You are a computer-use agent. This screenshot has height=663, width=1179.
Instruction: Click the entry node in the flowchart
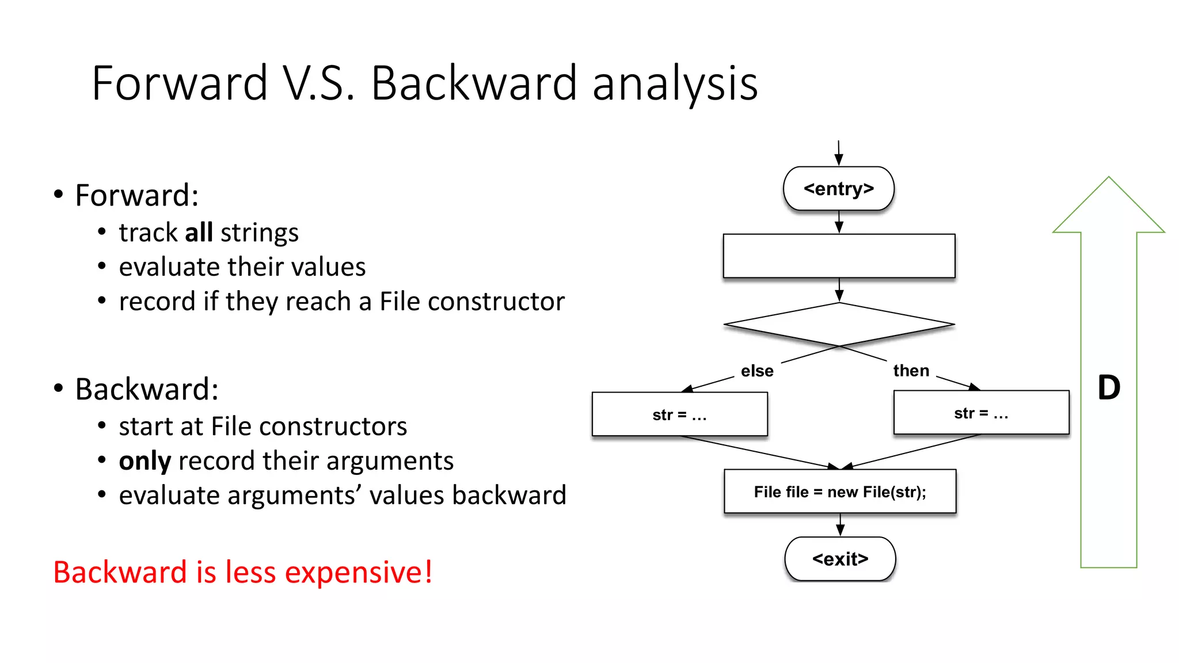838,189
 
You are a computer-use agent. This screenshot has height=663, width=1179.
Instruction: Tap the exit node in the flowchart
840,559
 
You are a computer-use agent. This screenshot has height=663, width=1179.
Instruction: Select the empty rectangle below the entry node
839,256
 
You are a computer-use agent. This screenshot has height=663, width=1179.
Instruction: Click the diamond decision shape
839,325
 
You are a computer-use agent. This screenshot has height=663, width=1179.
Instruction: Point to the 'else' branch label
756,371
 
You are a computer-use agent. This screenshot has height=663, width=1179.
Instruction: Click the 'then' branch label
911,371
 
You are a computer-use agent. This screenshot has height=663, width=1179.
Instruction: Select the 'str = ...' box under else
679,414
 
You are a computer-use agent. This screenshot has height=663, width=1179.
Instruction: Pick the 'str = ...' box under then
981,413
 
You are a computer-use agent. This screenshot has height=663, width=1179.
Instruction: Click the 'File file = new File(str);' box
840,491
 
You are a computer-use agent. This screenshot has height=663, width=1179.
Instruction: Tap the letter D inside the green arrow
1109,388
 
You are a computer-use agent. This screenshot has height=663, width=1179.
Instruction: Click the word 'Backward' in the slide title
473,83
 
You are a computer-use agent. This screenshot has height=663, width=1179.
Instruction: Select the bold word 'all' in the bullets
199,233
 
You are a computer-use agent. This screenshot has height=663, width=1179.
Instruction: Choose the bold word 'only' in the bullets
145,461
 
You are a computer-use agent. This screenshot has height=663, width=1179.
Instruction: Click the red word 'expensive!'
358,572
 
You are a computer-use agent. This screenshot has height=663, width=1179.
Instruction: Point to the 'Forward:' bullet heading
136,195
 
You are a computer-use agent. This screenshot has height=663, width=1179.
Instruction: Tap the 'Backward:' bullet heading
146,389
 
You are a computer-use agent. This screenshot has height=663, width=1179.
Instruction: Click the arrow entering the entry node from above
839,153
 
